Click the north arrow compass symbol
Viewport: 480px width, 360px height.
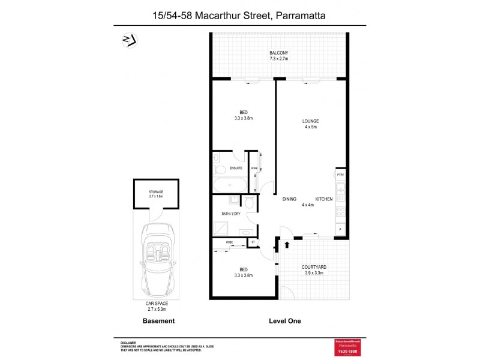[127, 40]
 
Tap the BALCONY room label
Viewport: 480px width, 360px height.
[279, 53]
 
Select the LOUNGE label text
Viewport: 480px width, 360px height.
[310, 122]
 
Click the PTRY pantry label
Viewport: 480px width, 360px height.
[340, 175]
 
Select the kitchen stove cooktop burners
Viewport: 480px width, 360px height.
[341, 211]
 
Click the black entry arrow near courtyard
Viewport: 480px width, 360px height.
[286, 244]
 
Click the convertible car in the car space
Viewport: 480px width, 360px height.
[156, 259]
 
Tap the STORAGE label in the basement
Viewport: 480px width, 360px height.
[156, 192]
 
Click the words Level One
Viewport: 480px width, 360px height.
[285, 321]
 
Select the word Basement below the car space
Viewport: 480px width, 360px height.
[158, 321]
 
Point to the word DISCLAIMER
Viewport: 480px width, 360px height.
[129, 341]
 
